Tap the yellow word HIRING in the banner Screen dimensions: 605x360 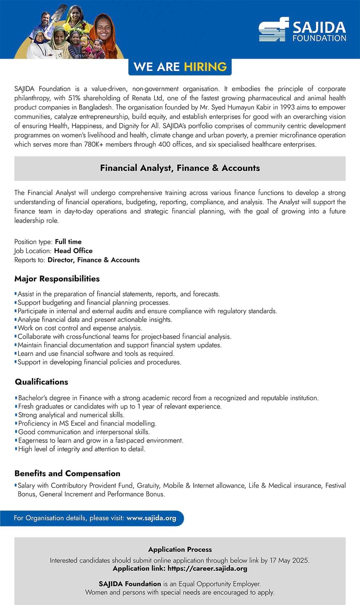point(205,67)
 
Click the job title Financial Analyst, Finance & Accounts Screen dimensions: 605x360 point(180,168)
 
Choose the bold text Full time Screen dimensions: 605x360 point(68,242)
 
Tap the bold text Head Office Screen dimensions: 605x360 point(73,251)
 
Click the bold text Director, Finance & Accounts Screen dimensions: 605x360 point(94,260)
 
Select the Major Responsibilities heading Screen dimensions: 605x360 point(57,279)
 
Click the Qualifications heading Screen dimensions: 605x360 point(42,382)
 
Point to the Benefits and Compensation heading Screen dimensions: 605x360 point(67,473)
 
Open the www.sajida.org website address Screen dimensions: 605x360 point(151,518)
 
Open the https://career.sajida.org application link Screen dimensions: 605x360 point(207,568)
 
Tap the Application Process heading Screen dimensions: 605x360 point(180,549)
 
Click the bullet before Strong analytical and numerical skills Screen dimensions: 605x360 point(16,415)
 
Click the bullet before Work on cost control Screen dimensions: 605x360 point(16,327)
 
